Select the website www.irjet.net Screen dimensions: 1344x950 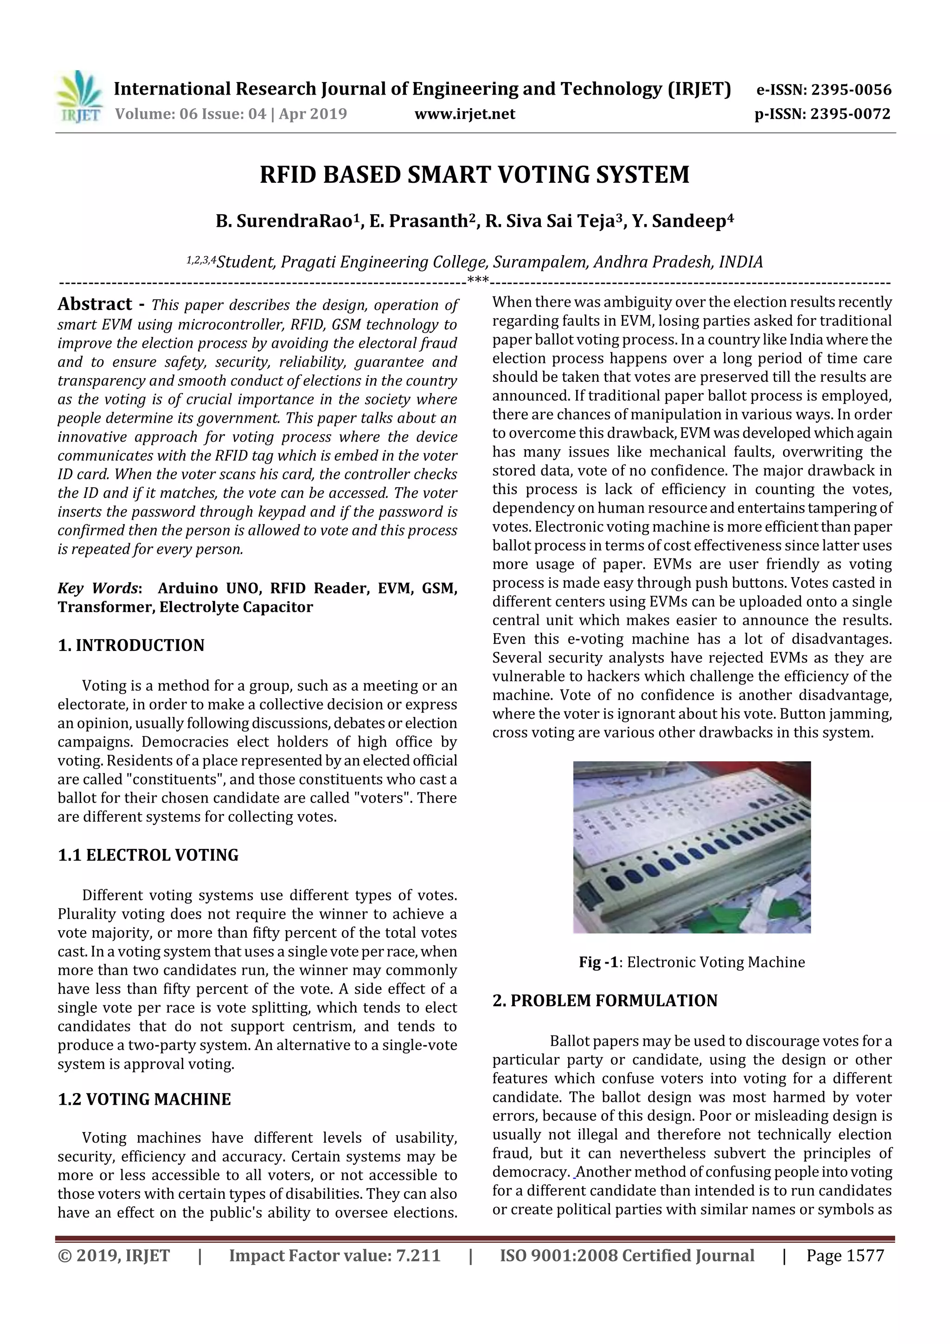[465, 114]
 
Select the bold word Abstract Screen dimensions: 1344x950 [95, 304]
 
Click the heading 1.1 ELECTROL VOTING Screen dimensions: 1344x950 [148, 855]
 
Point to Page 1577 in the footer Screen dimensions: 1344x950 [845, 1255]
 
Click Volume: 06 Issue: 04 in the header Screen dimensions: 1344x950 [190, 114]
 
